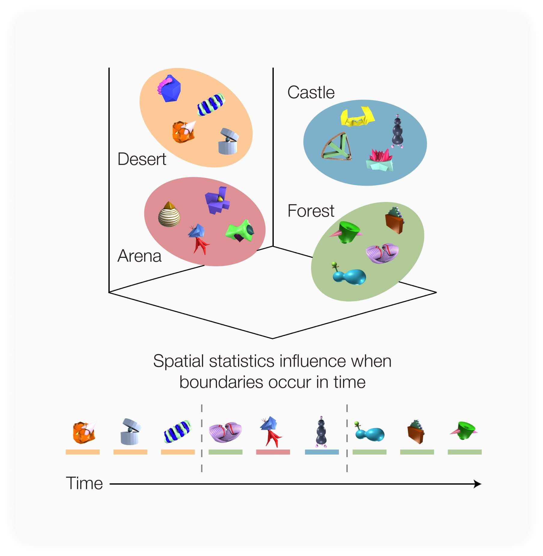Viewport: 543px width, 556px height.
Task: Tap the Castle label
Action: [311, 92]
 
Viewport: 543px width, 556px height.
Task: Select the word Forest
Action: [311, 211]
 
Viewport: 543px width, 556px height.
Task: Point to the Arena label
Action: [139, 256]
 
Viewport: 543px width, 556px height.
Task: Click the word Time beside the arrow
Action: [84, 484]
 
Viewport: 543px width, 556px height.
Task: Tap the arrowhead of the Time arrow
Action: [477, 484]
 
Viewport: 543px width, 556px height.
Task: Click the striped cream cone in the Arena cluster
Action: [169, 214]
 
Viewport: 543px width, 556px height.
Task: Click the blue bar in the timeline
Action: [322, 452]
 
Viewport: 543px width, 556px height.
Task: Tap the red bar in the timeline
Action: [273, 452]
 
